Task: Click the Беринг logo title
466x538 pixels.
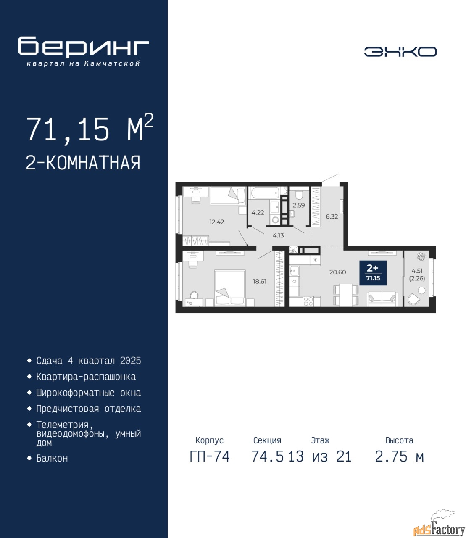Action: pyautogui.click(x=83, y=47)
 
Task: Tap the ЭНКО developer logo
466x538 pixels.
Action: pyautogui.click(x=400, y=52)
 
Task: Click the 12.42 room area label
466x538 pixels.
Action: pyautogui.click(x=217, y=222)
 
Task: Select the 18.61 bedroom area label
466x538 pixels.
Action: pyautogui.click(x=260, y=281)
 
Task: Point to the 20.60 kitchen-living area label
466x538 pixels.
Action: pyautogui.click(x=337, y=272)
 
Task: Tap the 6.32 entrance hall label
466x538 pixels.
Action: pyautogui.click(x=332, y=216)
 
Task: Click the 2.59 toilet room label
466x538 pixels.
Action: pyautogui.click(x=299, y=205)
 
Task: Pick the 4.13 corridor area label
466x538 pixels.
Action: pyautogui.click(x=278, y=235)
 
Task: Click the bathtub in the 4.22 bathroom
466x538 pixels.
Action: pyautogui.click(x=265, y=193)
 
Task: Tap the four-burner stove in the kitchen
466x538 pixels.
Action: pyautogui.click(x=308, y=301)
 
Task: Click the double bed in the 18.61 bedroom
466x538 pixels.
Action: pyautogui.click(x=230, y=288)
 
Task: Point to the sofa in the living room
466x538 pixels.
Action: pyautogui.click(x=382, y=299)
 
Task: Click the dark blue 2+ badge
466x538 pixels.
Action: pyautogui.click(x=373, y=273)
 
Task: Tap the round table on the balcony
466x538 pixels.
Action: pyautogui.click(x=421, y=290)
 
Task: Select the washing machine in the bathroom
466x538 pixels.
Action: pyautogui.click(x=274, y=220)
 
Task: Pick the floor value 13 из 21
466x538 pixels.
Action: pyautogui.click(x=320, y=456)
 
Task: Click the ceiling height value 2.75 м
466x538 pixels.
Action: pyautogui.click(x=399, y=456)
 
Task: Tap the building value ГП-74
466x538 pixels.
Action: pyautogui.click(x=209, y=456)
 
